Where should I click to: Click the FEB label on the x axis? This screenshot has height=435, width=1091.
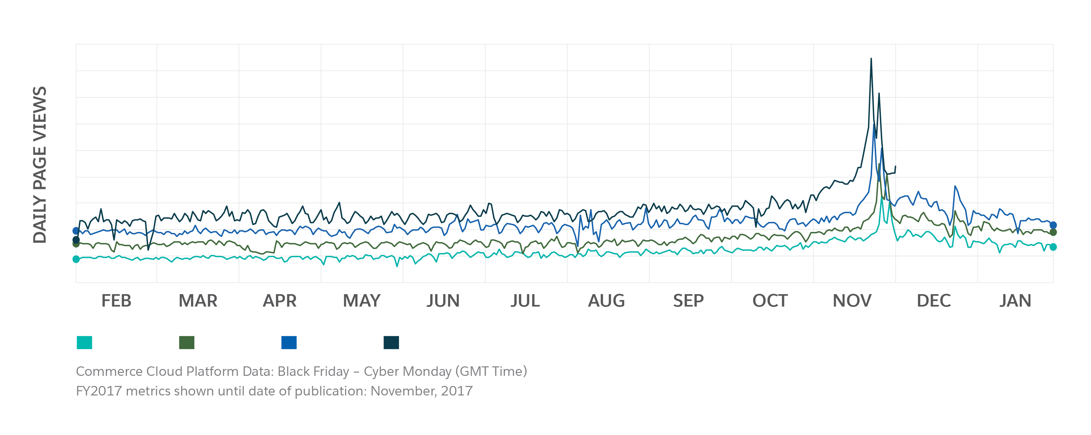pos(116,301)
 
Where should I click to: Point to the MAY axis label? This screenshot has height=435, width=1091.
pos(361,301)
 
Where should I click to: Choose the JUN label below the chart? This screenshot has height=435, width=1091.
pos(443,301)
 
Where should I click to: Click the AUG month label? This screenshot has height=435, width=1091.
pos(606,301)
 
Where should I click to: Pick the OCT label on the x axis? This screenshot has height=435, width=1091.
pos(770,301)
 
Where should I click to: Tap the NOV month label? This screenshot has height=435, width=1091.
pos(852,301)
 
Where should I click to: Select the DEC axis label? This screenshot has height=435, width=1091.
pos(934,301)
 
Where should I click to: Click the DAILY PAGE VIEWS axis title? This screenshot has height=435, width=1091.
pos(40,165)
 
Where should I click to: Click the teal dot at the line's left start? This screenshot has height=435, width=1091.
pos(76,259)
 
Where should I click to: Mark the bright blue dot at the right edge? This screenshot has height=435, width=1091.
pos(1053,225)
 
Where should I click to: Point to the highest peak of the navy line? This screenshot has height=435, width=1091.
pos(871,59)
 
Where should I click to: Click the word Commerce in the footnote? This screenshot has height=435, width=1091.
pos(109,372)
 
